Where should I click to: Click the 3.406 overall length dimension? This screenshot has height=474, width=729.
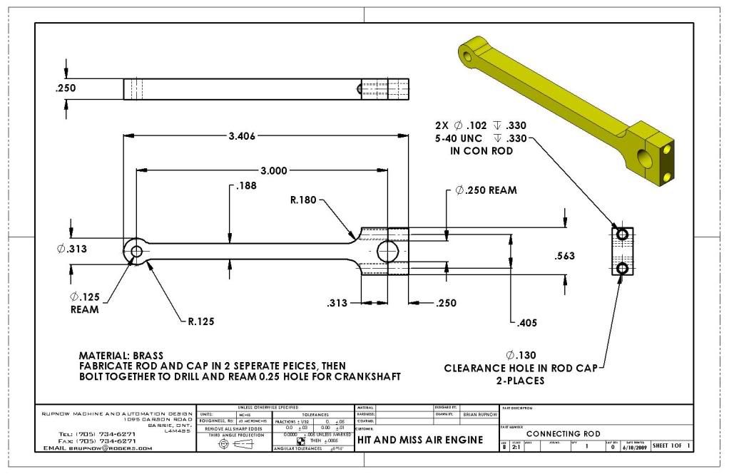coord(242,136)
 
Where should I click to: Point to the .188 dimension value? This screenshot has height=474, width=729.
coord(246,187)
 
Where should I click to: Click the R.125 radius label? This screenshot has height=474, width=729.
coord(202,321)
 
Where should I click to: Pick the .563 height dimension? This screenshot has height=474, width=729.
coord(565,256)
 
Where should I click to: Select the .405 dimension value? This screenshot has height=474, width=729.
coord(526,322)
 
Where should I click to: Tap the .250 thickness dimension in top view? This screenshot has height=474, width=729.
coord(65,88)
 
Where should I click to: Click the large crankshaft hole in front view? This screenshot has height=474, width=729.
coord(388,252)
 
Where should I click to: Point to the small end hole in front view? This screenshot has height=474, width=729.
coord(136,251)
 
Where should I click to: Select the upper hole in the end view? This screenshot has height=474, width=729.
coord(623,234)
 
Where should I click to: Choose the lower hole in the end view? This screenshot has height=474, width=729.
coord(623,268)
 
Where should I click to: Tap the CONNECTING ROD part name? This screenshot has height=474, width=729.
coord(563,433)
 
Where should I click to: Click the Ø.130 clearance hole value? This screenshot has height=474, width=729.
coord(520,355)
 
